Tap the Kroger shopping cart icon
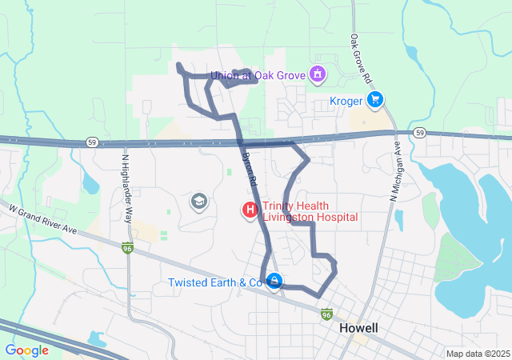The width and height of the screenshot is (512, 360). (375, 100)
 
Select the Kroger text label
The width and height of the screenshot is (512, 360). (346, 102)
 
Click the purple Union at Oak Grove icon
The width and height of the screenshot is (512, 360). (318, 75)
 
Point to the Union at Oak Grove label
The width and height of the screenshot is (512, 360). (258, 76)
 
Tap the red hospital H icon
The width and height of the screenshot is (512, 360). (250, 211)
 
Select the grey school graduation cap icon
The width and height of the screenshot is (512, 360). (198, 202)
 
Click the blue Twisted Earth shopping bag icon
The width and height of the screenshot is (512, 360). (274, 282)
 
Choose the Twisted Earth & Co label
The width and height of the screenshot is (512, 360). (215, 283)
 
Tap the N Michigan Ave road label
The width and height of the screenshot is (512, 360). (395, 171)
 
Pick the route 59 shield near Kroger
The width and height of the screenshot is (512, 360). (418, 132)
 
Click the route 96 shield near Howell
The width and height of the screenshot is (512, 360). (326, 314)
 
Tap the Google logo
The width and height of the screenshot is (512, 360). (26, 350)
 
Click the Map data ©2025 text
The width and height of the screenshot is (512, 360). (477, 354)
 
